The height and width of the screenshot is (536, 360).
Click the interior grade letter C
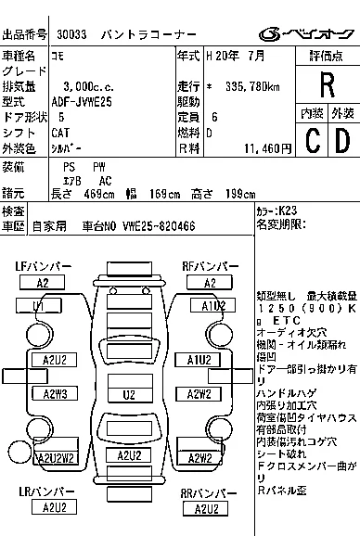(x=313, y=140)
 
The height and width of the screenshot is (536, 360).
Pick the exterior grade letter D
(x=342, y=140)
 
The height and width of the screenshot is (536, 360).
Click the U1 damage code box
(x=39, y=305)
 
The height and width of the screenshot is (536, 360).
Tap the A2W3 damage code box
(x=55, y=394)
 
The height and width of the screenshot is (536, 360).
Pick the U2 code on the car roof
(x=129, y=394)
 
